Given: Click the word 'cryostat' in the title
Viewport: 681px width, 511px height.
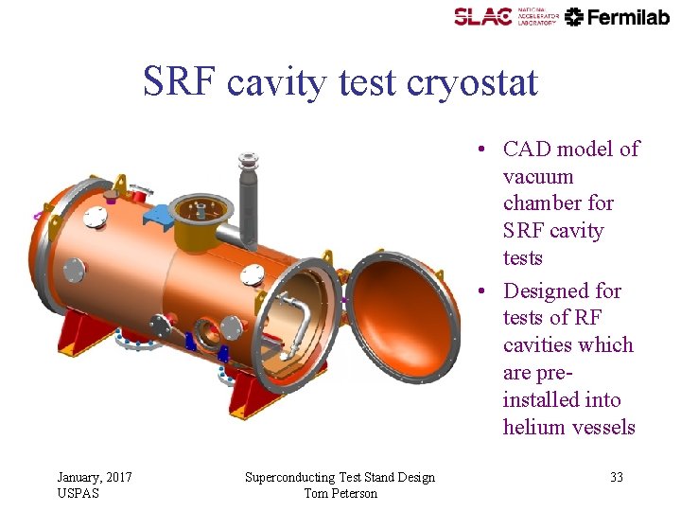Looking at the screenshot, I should click(472, 82).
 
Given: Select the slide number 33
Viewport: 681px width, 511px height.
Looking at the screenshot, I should click(616, 477).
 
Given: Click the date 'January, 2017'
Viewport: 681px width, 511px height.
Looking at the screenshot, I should click(95, 477).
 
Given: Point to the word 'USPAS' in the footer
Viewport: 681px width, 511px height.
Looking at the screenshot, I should click(79, 493).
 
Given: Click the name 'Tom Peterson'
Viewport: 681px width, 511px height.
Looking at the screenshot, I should click(340, 493).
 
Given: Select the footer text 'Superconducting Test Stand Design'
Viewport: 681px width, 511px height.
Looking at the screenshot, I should click(340, 477).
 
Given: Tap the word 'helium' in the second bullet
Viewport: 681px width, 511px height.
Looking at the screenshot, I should click(533, 427).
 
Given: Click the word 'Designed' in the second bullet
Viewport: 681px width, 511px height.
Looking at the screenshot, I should click(544, 290).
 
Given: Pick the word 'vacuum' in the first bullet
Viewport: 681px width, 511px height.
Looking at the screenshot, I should click(538, 176).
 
